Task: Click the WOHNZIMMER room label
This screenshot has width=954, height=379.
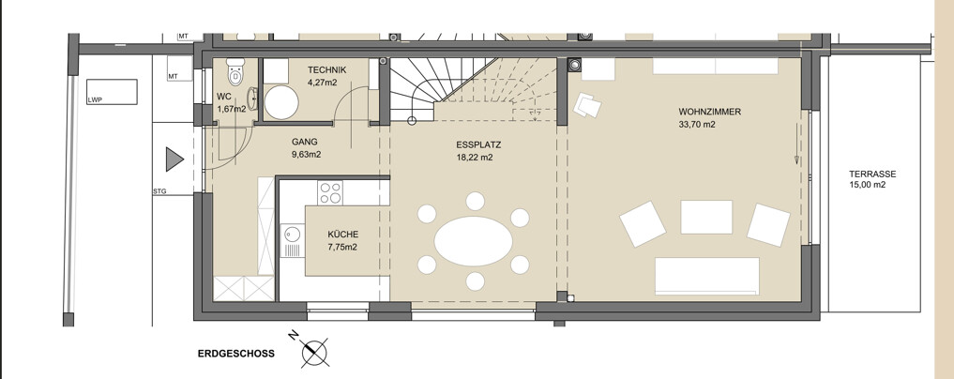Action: pos(701,112)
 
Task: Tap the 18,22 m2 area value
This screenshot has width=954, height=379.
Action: pos(474,158)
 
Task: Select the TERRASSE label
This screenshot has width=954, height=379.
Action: pos(872,174)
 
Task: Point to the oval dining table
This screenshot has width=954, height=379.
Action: pos(474,241)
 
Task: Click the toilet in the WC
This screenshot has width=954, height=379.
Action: pos(235,71)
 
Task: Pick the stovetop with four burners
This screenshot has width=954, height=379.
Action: pos(330,192)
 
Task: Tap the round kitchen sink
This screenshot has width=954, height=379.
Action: pos(293,234)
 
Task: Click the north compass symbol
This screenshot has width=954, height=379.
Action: pos(314,351)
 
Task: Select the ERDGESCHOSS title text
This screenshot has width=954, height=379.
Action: pos(236,354)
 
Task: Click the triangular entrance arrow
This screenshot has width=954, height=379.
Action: pos(174,159)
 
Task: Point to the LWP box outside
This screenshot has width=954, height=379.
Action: pos(112,92)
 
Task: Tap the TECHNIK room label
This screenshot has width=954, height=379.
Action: pos(326,69)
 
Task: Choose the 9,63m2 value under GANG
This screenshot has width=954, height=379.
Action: pos(306,155)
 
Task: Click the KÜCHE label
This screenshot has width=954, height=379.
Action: pos(343,235)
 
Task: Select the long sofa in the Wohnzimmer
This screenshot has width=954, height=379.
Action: pos(707,276)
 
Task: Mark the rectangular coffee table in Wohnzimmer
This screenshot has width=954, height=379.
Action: pos(706,217)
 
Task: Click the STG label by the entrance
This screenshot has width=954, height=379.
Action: pos(159,191)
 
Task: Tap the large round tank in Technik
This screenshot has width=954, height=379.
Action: pos(282,102)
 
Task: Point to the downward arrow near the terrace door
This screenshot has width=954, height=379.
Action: pos(797,143)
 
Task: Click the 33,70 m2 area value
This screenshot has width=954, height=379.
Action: pos(697,125)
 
